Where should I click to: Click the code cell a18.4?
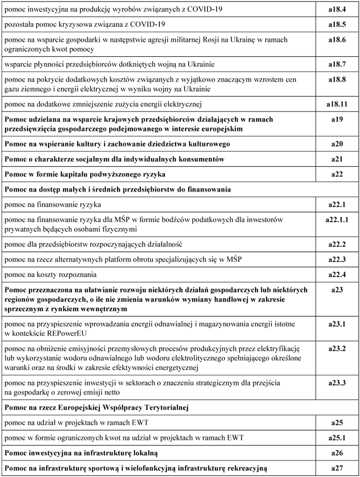[337, 10]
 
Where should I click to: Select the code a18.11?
[337, 104]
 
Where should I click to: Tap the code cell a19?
[337, 120]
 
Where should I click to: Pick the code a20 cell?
[337, 144]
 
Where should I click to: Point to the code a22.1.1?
[337, 220]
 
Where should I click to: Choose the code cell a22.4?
[337, 275]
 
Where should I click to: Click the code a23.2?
[337, 349]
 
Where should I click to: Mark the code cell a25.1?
[337, 437]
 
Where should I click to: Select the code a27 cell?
[337, 467]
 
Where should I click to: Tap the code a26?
[337, 452]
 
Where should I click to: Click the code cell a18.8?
[337, 80]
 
